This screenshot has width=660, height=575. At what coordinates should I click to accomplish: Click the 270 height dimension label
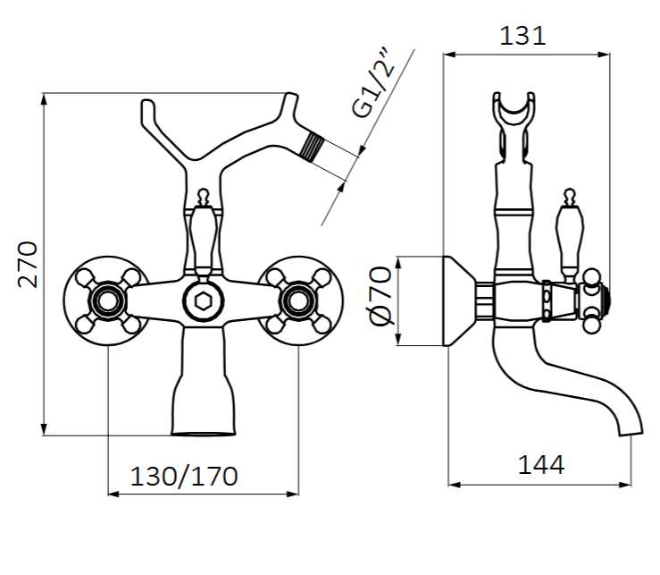[x=29, y=264]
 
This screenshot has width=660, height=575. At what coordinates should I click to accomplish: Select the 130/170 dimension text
[x=184, y=476]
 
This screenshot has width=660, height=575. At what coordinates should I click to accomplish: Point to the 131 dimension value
[x=522, y=35]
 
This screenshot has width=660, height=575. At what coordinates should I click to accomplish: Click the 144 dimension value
[x=540, y=465]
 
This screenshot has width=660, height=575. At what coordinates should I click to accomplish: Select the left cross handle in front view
[x=105, y=301]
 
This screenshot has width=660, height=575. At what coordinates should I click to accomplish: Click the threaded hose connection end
[x=313, y=146]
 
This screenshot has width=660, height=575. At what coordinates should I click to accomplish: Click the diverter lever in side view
[x=567, y=237]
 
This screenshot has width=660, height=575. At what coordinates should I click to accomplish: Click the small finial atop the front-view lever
[x=203, y=194]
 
